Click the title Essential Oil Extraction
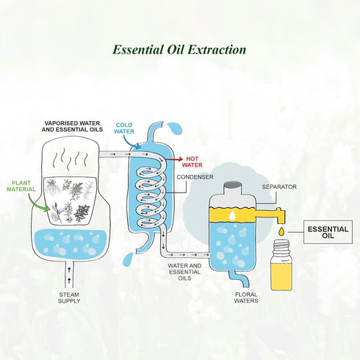click(x=179, y=50)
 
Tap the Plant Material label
click(x=21, y=186)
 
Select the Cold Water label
click(x=124, y=128)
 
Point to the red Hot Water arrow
click(x=174, y=159)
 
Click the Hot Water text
click(x=192, y=162)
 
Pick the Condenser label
click(x=195, y=177)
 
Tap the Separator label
click(x=279, y=187)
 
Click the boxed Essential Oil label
click(x=328, y=232)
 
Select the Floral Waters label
click(x=246, y=298)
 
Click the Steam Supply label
click(x=69, y=298)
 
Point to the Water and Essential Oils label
click(x=184, y=272)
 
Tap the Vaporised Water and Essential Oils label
click(x=72, y=126)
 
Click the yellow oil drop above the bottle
click(x=282, y=231)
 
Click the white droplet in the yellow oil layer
click(x=232, y=215)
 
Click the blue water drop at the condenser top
click(x=175, y=129)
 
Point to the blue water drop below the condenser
click(x=129, y=260)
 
